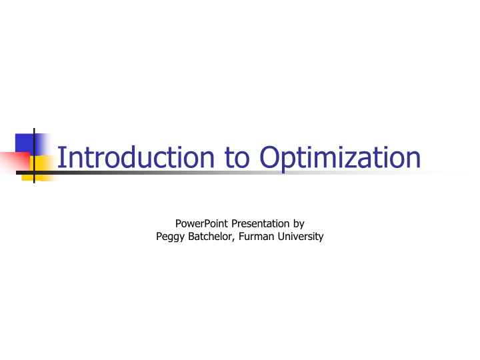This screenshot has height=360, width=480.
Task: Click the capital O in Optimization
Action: click(x=269, y=158)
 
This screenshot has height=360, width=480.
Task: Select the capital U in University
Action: click(x=283, y=236)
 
